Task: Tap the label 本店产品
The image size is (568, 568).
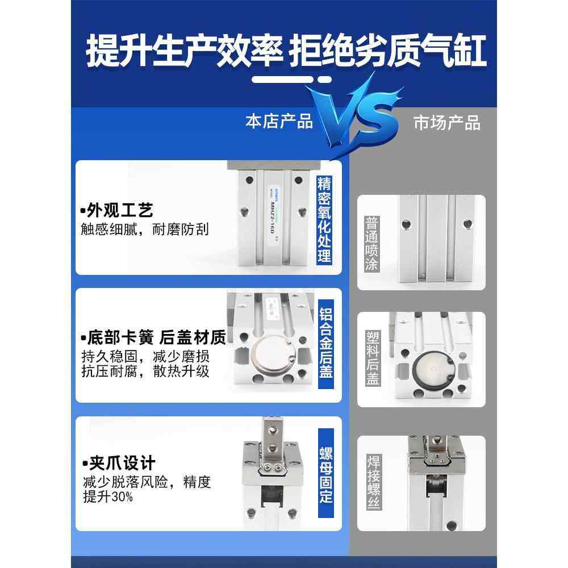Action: pos(279,121)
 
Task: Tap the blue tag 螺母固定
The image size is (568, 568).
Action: pos(325,475)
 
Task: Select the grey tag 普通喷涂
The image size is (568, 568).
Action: pos(371,243)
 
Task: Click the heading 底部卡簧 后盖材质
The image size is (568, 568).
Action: pos(153,338)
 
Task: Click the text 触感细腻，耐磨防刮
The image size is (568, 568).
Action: pos(145,229)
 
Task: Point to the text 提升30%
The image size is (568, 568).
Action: pos(108,497)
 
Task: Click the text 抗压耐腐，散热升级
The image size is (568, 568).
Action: pos(146,372)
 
